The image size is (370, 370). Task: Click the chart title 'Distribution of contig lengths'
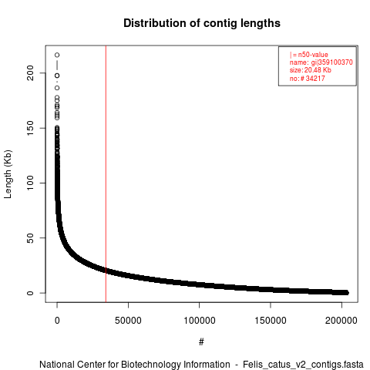coord(202,23)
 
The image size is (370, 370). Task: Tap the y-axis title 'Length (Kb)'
coord(8,174)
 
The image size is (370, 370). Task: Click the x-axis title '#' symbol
coord(201,342)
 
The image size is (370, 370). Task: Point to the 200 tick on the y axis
coord(30,72)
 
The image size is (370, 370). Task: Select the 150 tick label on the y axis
coord(30,128)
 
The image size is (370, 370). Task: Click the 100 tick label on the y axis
coord(30,183)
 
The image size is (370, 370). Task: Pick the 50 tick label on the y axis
coord(30,238)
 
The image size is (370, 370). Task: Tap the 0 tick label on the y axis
coord(30,293)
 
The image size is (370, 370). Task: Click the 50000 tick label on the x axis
coord(128,321)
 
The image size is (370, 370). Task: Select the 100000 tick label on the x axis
coord(200,321)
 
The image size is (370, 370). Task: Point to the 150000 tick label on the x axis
coord(271,321)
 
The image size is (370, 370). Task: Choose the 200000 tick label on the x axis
coord(341,321)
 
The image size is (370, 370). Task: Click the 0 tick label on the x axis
coord(57,321)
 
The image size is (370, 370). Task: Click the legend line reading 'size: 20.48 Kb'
coord(311,70)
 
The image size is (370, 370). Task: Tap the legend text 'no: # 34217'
coord(308,78)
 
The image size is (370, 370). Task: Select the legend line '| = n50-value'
coord(309,55)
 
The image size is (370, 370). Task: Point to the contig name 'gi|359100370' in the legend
coord(331,62)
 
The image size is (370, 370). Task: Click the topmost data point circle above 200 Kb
coord(57,55)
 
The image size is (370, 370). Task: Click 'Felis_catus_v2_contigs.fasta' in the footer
coord(303,365)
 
